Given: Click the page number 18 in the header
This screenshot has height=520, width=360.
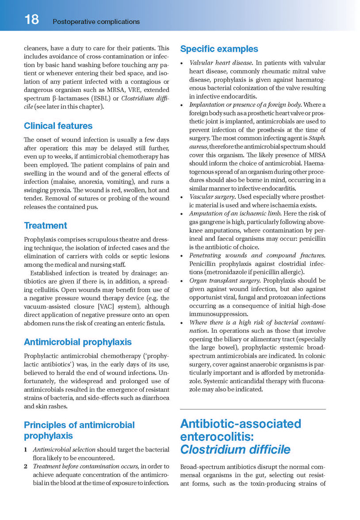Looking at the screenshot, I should [31, 19].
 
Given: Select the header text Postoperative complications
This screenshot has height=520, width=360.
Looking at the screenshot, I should [96, 21].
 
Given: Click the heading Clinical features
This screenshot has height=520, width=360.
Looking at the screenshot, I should [58, 126].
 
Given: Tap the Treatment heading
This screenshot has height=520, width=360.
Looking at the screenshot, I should [46, 225].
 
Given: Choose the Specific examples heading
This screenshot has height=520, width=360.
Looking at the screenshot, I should [219, 49].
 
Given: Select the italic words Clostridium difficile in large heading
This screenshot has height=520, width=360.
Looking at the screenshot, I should [235, 450].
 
